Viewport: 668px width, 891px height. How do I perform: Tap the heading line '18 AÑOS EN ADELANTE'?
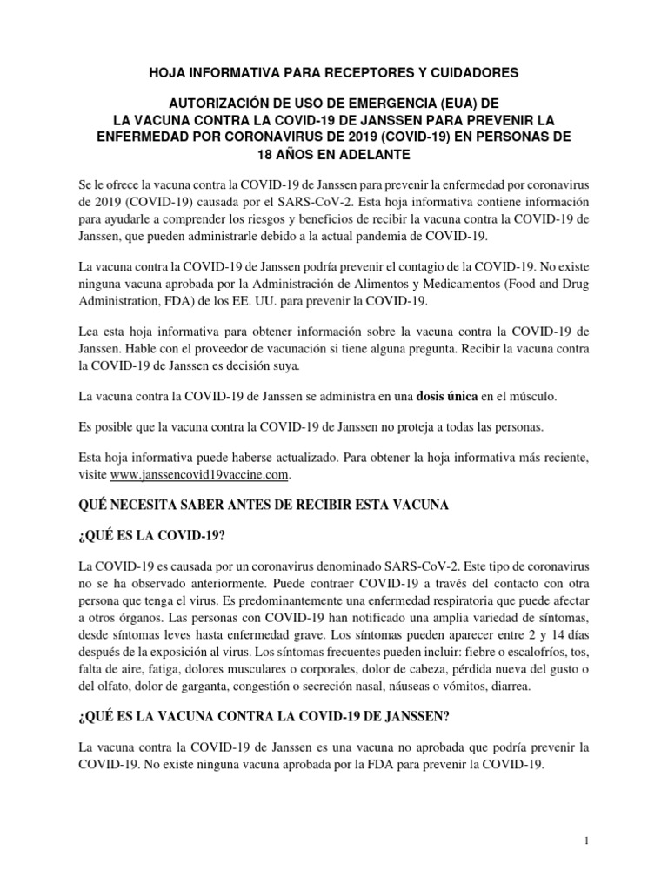tap(334, 154)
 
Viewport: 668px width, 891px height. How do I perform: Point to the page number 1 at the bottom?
tap(588, 841)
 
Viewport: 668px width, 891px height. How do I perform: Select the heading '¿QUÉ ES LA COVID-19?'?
tap(151, 533)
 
